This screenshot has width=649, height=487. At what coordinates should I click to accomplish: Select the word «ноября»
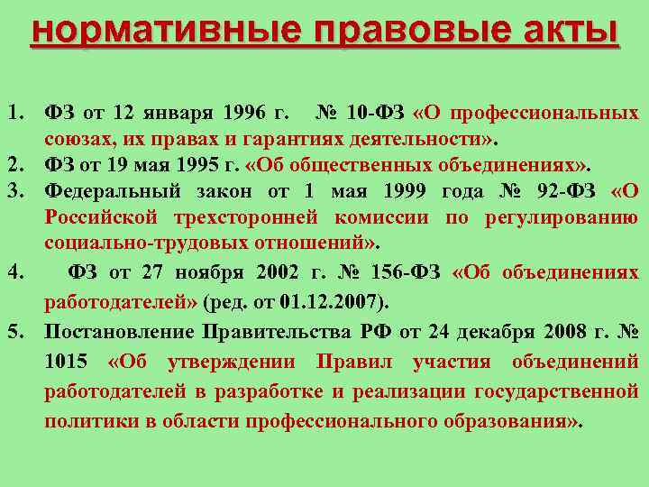(x=210, y=271)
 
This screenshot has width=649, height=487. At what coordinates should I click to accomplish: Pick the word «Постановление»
(x=120, y=331)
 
